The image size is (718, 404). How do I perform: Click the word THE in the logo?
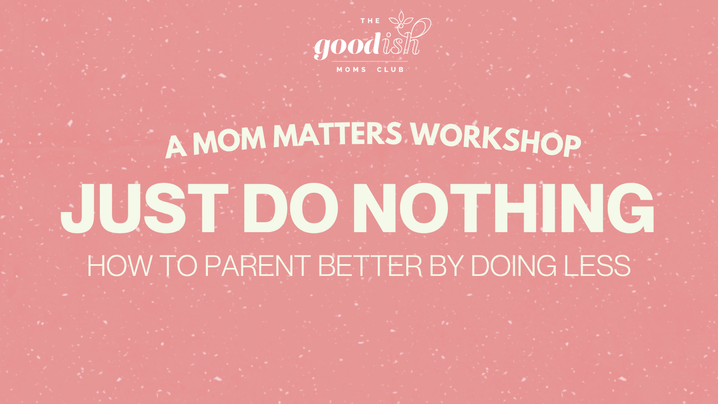(370, 21)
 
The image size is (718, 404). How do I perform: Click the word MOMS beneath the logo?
(351, 70)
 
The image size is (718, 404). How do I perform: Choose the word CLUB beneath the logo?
(390, 70)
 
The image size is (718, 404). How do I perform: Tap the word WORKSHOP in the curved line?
(496, 139)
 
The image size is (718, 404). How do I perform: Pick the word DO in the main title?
(291, 209)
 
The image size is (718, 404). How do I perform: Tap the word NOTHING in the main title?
(504, 209)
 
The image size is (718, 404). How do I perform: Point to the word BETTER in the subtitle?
(370, 266)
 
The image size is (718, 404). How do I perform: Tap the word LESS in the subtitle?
(597, 266)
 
